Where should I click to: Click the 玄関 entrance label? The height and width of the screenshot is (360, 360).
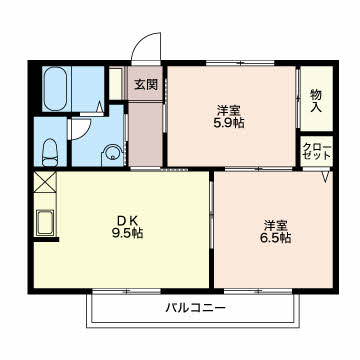[x=146, y=85]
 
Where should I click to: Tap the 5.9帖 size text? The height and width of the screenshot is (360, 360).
[x=229, y=123]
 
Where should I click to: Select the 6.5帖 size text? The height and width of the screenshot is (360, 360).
[x=275, y=238]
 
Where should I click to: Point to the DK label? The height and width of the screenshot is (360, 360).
[x=127, y=220]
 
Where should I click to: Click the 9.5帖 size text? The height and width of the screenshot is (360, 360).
[x=127, y=233]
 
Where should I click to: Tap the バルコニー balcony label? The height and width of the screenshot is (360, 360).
[x=196, y=307]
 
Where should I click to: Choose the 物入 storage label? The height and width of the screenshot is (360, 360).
[x=316, y=101]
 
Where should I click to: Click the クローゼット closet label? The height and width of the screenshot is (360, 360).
[x=317, y=152]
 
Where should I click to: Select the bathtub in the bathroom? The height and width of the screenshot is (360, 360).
[x=55, y=89]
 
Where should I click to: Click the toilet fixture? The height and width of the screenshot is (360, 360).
[x=50, y=152]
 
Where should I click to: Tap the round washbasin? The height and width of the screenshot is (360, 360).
[x=113, y=154]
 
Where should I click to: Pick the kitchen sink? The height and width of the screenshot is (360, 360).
[x=45, y=222]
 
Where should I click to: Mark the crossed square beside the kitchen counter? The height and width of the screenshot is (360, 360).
[x=45, y=182]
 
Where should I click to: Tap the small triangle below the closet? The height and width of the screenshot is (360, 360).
[x=326, y=177]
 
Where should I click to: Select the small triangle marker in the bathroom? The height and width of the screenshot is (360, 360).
[x=99, y=107]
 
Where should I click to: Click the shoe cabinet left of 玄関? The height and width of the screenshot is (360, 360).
[x=116, y=83]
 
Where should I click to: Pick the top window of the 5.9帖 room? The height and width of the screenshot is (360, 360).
[x=240, y=63]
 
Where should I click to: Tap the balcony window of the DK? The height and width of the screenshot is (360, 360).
[x=127, y=292]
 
